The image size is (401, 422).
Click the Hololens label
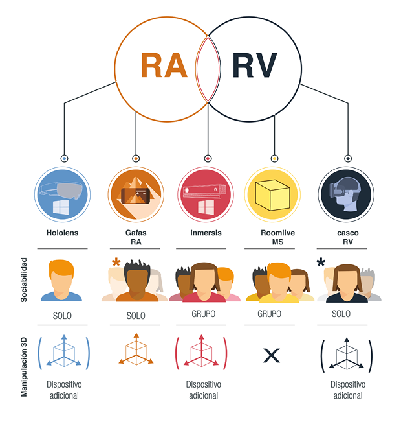click(63, 232)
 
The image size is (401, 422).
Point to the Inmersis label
click(206, 232)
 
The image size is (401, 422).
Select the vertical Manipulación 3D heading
click(25, 366)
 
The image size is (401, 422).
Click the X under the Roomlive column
click(272, 355)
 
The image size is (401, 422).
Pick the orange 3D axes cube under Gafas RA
click(136, 351)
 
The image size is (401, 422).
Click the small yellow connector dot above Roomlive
click(274, 158)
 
